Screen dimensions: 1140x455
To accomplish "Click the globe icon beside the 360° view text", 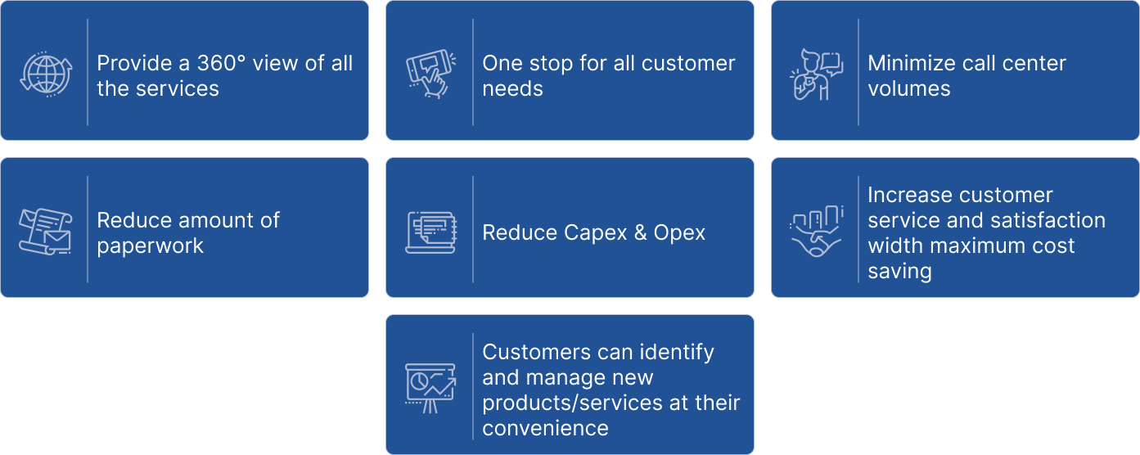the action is point(46,74).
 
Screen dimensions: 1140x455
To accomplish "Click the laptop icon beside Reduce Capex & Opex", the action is point(430,232).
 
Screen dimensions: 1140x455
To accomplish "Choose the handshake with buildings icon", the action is point(816,232).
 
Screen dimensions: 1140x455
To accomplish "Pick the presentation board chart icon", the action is point(430,388).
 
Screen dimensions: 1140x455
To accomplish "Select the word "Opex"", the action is point(679,232).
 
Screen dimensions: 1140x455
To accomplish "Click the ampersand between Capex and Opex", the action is point(640,232).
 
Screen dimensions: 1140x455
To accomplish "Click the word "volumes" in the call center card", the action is point(908,88).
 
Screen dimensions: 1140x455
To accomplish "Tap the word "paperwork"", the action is point(150,246).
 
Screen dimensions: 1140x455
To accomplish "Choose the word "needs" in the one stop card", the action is point(512,88).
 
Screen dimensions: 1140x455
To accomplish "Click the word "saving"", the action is point(899,271).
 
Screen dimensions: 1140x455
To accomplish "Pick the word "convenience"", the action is point(545,428).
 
